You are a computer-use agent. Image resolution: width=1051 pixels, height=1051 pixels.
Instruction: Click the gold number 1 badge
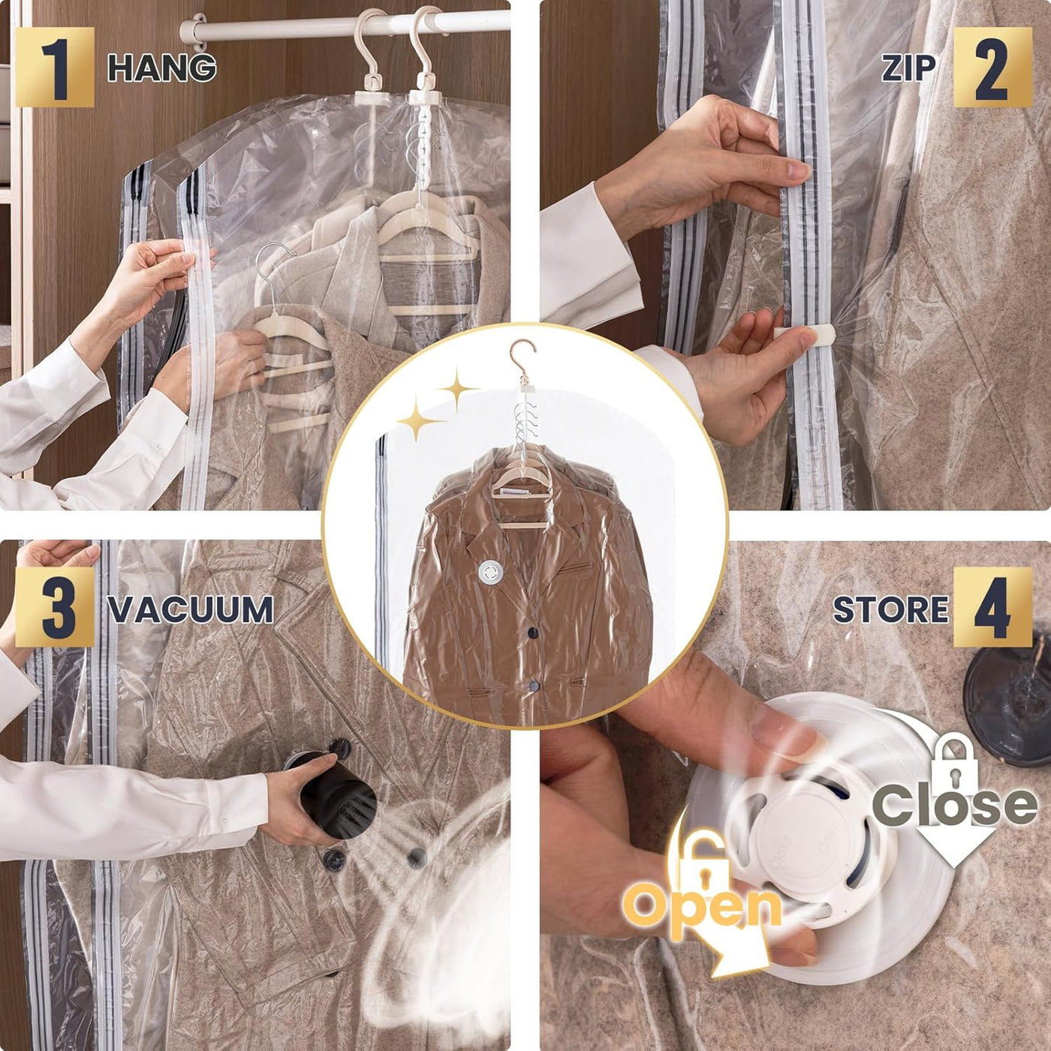pyautogui.click(x=54, y=67)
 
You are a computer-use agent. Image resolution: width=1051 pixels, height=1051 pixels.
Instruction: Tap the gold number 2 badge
pyautogui.click(x=992, y=67)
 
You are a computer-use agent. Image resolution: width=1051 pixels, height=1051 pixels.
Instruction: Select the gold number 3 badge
pyautogui.click(x=54, y=607)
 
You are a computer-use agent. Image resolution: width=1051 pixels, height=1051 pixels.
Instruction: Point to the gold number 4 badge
pyautogui.click(x=992, y=607)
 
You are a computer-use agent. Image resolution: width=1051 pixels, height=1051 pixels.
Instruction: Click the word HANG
pyautogui.click(x=162, y=68)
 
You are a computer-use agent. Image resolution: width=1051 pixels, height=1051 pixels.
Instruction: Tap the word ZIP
pyautogui.click(x=908, y=68)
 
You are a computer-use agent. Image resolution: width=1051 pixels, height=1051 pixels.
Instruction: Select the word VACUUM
pyautogui.click(x=191, y=610)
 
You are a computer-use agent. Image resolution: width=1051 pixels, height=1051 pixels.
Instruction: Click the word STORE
pyautogui.click(x=890, y=610)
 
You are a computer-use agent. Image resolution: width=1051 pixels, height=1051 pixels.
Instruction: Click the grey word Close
pyautogui.click(x=954, y=806)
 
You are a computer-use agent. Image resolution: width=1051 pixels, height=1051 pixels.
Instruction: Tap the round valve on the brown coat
pyautogui.click(x=489, y=574)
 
